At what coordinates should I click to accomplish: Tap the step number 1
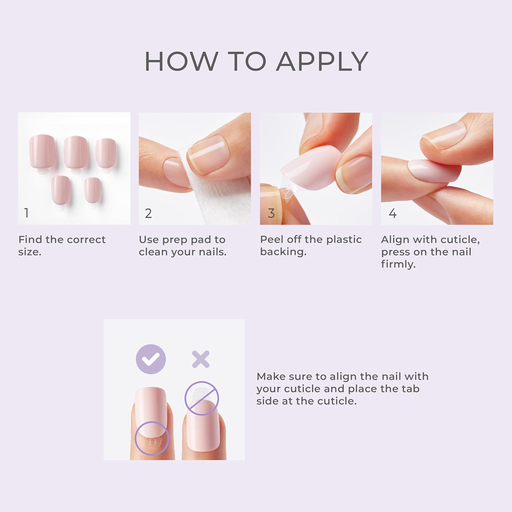[x=26, y=213]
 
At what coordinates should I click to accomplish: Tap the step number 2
[x=148, y=213]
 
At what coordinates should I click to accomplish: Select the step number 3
[x=271, y=213]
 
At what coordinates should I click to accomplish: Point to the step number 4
[x=393, y=213]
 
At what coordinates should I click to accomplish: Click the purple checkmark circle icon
[x=151, y=359]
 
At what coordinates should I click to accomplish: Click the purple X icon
[x=201, y=359]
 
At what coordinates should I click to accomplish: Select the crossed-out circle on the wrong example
[x=201, y=398]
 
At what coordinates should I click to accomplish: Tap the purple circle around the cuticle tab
[x=152, y=438]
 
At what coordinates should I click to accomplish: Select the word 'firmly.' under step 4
[x=398, y=264]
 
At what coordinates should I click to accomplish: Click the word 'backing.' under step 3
[x=283, y=252]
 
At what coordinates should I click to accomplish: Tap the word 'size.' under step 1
[x=30, y=252]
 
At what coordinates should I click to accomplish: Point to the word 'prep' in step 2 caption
[x=175, y=240]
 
